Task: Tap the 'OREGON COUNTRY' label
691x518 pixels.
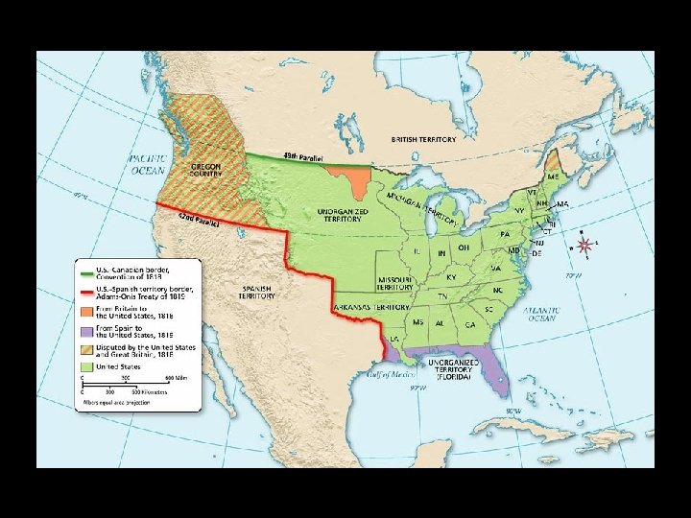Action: click(x=204, y=171)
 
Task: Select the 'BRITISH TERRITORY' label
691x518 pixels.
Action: click(x=423, y=139)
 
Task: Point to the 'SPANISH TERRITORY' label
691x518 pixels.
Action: click(x=256, y=292)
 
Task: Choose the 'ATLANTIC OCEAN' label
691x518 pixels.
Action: click(x=540, y=314)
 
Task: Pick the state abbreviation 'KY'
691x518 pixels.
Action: click(x=451, y=277)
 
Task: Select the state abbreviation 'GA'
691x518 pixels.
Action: click(x=469, y=325)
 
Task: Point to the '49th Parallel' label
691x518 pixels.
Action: click(x=302, y=156)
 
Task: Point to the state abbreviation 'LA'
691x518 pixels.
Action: click(x=396, y=340)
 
